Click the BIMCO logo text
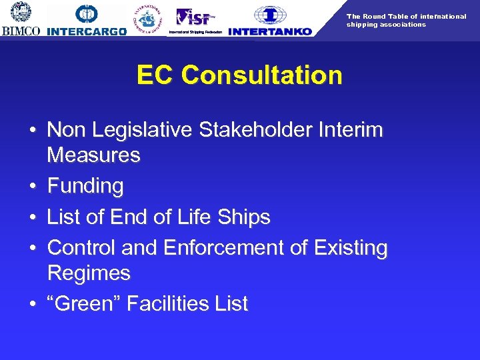(21, 31)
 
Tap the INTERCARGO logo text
(87, 31)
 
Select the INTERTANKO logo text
(270, 31)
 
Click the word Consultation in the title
(261, 75)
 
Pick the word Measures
(94, 156)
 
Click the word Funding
(85, 186)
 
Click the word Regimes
(89, 273)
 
